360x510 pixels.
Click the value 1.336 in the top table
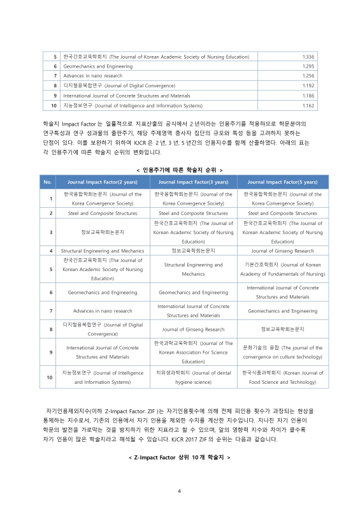point(308,57)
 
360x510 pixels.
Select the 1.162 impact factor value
point(308,105)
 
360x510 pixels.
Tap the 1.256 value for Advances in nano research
point(308,76)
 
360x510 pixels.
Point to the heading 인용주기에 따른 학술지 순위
point(180,170)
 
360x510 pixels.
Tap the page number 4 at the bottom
point(180,490)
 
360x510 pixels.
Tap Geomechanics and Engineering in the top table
point(97,66)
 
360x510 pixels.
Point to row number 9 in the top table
point(55,96)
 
